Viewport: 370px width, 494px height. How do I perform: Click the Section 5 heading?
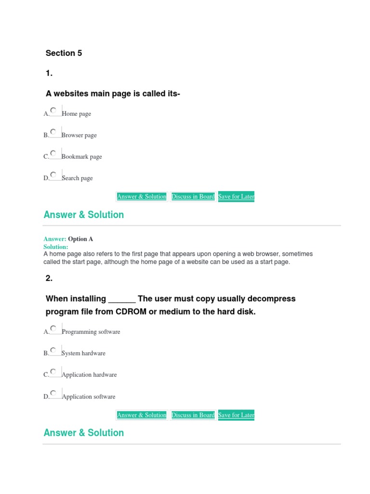[64, 53]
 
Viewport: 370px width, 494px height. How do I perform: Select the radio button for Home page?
[53, 110]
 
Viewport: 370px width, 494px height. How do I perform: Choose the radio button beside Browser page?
[53, 132]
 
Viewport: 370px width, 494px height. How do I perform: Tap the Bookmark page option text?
[82, 157]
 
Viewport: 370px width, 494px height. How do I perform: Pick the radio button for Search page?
[53, 174]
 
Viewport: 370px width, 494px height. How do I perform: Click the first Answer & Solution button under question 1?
[142, 196]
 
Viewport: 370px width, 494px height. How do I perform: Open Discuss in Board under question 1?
[193, 196]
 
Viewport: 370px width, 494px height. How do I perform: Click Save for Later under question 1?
[236, 196]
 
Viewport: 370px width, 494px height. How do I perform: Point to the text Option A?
[80, 239]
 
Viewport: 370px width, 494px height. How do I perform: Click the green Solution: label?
[56, 247]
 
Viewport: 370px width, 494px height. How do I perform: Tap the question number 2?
[49, 278]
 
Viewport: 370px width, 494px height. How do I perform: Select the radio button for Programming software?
[53, 329]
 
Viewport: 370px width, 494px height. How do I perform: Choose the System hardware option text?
[83, 353]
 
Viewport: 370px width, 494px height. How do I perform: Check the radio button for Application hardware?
[53, 371]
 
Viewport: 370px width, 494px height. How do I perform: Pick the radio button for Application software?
[53, 393]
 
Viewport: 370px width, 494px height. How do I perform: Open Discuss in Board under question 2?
[193, 415]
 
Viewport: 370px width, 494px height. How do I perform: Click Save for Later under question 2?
[236, 415]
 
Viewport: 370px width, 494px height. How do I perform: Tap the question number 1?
[49, 73]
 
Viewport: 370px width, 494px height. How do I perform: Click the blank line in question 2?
[122, 300]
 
